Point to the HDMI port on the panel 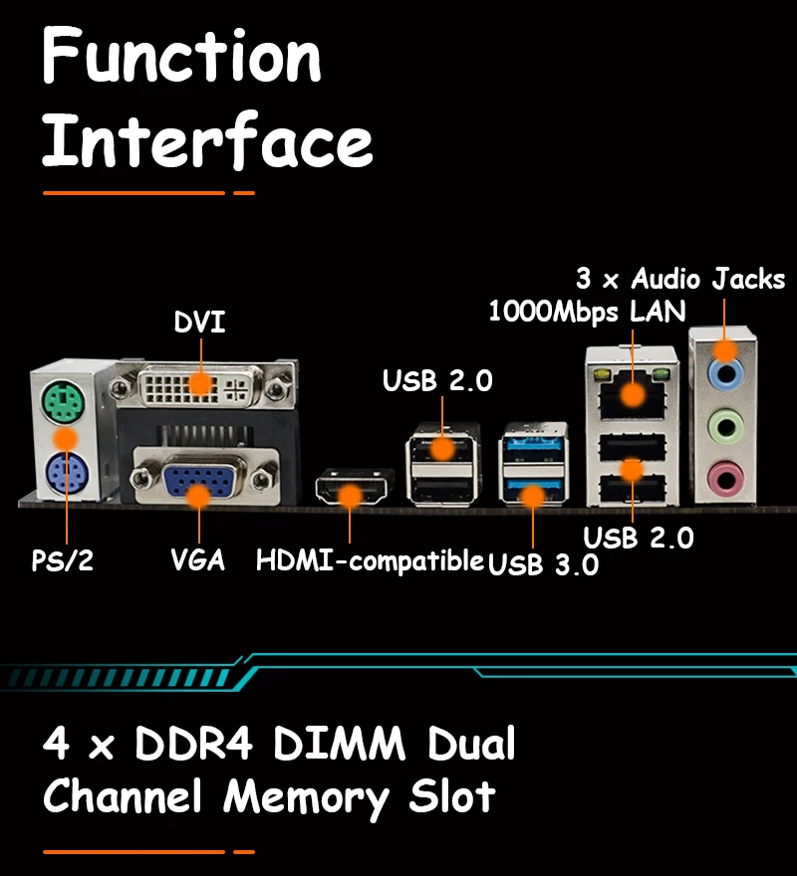click(x=351, y=492)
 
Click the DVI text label click(x=199, y=324)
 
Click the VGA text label click(x=197, y=559)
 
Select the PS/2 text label click(x=62, y=560)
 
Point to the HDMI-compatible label click(x=370, y=559)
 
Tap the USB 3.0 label click(x=543, y=564)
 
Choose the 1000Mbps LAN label click(x=587, y=312)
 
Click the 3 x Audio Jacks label click(x=680, y=279)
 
